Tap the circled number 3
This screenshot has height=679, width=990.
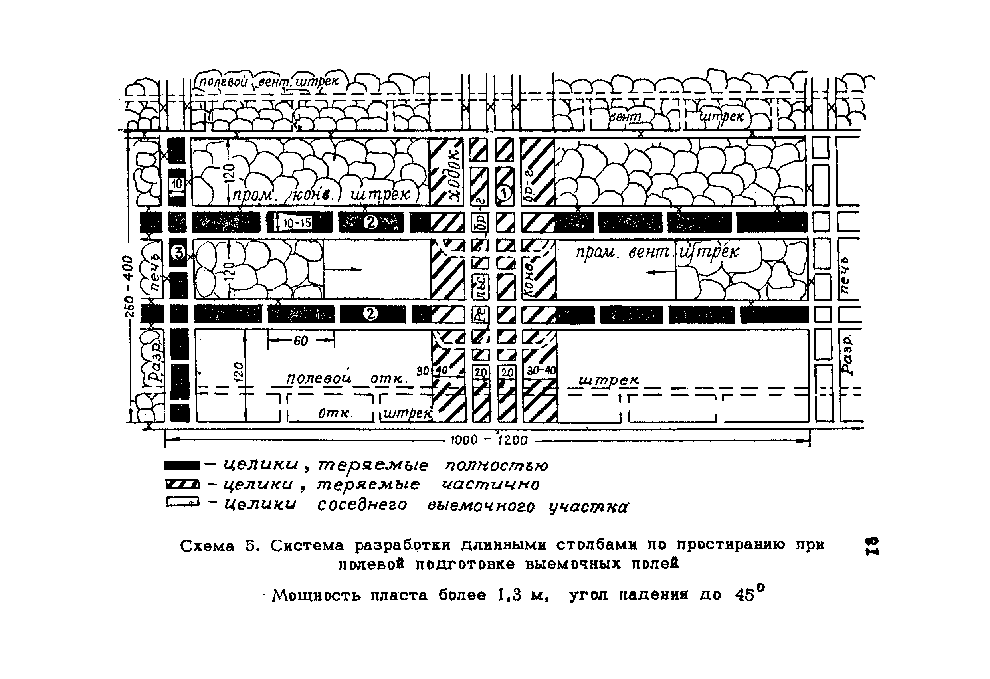click(x=178, y=253)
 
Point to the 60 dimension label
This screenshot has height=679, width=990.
click(x=301, y=341)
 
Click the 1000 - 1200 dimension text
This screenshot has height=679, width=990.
click(x=489, y=440)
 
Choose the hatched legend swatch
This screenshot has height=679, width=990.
click(x=182, y=484)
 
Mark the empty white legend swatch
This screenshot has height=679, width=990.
click(x=182, y=503)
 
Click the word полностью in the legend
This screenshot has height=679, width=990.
click(x=497, y=466)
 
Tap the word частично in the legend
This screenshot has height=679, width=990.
click(x=490, y=484)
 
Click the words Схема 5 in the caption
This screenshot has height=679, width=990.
click(x=220, y=546)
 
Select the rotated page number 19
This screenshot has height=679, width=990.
click(x=871, y=546)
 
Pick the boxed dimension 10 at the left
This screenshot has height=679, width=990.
click(x=177, y=184)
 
